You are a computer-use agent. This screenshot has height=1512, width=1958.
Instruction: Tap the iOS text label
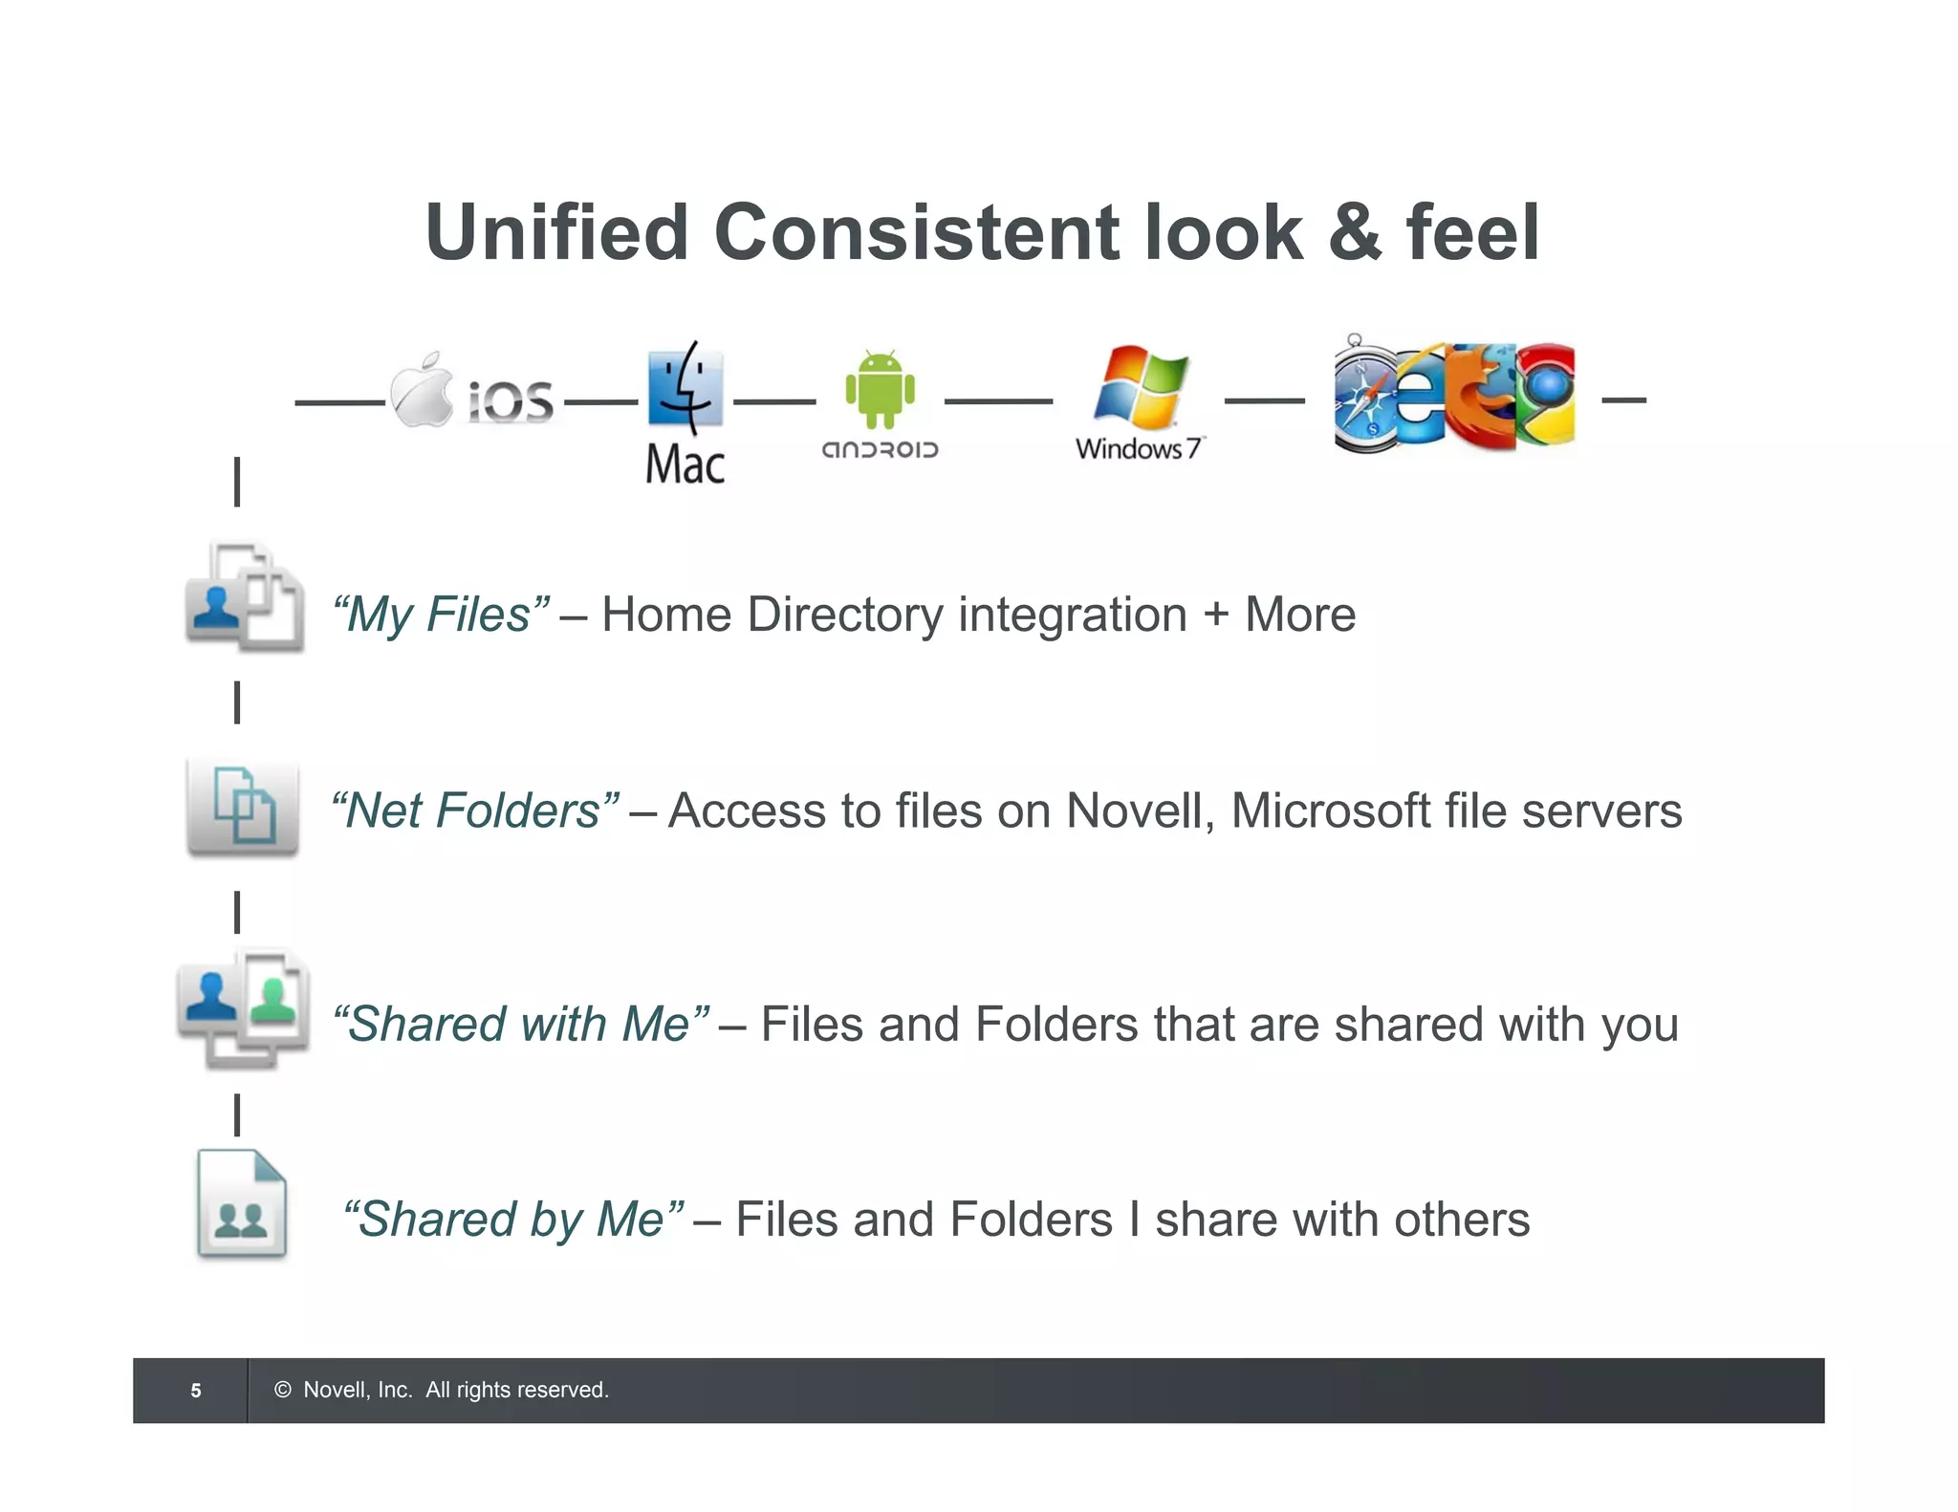(x=511, y=401)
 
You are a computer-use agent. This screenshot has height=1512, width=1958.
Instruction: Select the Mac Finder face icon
(x=685, y=387)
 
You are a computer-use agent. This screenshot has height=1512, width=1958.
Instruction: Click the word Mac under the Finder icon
(x=685, y=465)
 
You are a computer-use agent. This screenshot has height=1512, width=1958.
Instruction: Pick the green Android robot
(x=880, y=388)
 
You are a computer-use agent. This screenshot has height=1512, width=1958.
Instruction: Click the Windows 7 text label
(x=1139, y=448)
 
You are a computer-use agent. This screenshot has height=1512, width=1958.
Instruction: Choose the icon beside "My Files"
(x=245, y=598)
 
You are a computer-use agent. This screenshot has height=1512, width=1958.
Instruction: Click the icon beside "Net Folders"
(x=243, y=808)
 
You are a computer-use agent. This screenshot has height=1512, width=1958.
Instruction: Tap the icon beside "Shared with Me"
(x=244, y=1007)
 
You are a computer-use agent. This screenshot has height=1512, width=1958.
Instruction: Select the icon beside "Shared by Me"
(x=242, y=1204)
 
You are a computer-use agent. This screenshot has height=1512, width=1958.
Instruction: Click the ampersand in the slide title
(x=1354, y=233)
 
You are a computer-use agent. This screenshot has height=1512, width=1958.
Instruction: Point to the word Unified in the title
(x=557, y=233)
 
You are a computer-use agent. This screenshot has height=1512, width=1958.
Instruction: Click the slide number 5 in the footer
(x=196, y=1391)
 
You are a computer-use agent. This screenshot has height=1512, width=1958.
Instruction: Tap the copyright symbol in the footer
(x=283, y=1390)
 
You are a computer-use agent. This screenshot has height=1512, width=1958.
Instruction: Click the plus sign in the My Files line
(x=1216, y=615)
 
